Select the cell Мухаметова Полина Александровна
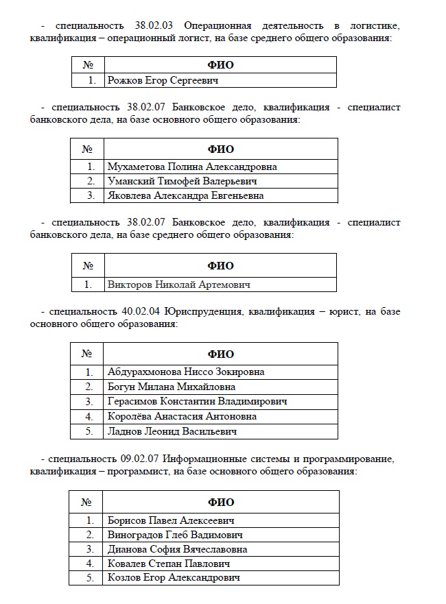[x=192, y=167]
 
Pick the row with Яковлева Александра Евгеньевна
[x=185, y=195]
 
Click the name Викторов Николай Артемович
[x=179, y=284]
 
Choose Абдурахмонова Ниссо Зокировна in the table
[x=186, y=372]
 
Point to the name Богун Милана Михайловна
[x=172, y=387]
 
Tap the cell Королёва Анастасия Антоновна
[x=183, y=416]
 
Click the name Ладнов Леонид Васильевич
[x=172, y=431]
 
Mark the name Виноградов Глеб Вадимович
[x=175, y=535]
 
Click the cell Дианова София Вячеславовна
[x=178, y=549]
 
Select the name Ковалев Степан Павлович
[x=169, y=564]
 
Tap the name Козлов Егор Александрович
[x=174, y=578]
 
